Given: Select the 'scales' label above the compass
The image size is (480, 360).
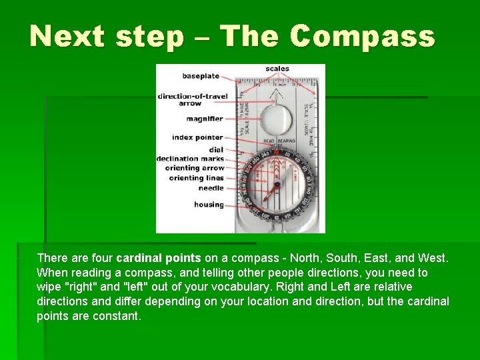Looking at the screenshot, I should point(277,69).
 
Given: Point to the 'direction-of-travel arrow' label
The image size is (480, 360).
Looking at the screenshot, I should point(192,99).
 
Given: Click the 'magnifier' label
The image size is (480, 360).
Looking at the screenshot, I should point(205,119).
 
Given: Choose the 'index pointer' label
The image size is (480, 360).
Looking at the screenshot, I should point(197,137).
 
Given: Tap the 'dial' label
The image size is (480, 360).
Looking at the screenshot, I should point(216,150).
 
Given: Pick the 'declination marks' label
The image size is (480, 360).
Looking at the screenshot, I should point(190,159).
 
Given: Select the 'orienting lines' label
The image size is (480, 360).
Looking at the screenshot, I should point(196,178).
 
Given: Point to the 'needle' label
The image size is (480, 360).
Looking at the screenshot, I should point(211,188).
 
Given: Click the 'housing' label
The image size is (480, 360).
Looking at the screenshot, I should point(209,205).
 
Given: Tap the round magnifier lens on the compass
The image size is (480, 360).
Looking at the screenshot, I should point(275,120).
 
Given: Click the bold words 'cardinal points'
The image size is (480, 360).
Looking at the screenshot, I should point(158,258).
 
